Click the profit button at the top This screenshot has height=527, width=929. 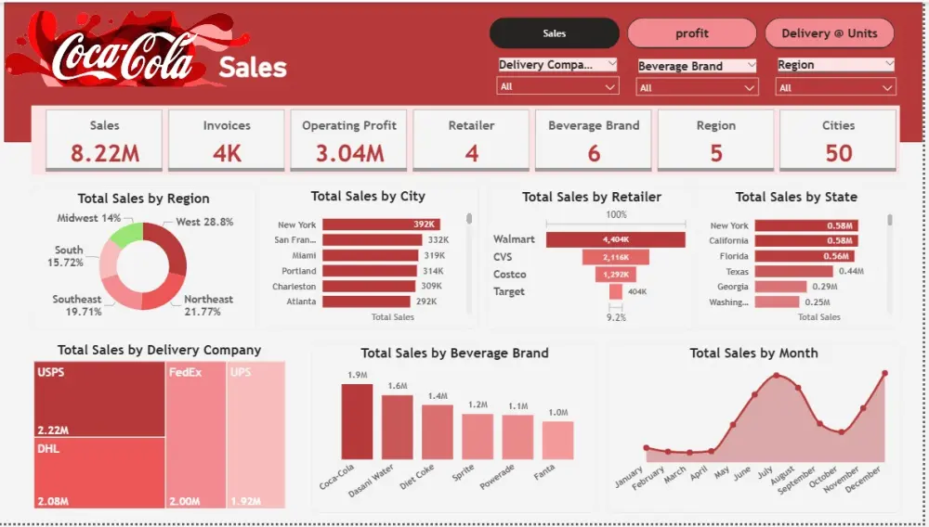pyautogui.click(x=691, y=33)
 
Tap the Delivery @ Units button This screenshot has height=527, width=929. pyautogui.click(x=829, y=33)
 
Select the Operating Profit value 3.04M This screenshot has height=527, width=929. pyautogui.click(x=348, y=153)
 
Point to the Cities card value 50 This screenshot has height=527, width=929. pyautogui.click(x=838, y=153)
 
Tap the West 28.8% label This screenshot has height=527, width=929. pyautogui.click(x=204, y=223)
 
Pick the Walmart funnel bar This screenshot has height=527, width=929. pyautogui.click(x=615, y=239)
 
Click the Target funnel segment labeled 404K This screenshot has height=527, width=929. pyautogui.click(x=615, y=291)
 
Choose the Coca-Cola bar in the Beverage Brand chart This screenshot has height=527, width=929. pyautogui.click(x=356, y=421)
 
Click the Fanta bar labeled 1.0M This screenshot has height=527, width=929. pyautogui.click(x=557, y=441)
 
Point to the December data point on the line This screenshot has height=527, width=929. pyautogui.click(x=884, y=373)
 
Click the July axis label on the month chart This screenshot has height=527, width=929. pyautogui.click(x=765, y=472)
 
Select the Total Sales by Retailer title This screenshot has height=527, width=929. pyautogui.click(x=591, y=197)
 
